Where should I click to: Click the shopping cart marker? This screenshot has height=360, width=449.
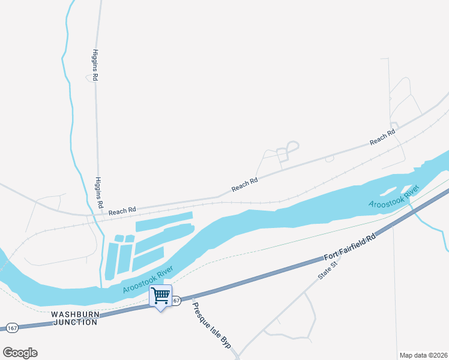pyautogui.click(x=160, y=296)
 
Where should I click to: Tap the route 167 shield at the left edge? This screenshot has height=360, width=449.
pyautogui.click(x=12, y=328)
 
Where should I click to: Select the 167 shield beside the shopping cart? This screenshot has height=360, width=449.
pyautogui.click(x=176, y=300)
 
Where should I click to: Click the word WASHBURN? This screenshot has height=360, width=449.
pyautogui.click(x=74, y=314)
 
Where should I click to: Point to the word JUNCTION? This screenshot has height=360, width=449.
pyautogui.click(x=75, y=322)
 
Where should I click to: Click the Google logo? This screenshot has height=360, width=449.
pyautogui.click(x=20, y=353)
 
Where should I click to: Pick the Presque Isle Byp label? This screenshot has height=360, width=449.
pyautogui.click(x=211, y=326)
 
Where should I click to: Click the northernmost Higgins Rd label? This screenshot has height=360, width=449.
pyautogui.click(x=95, y=65)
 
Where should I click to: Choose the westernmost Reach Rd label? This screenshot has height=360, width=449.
pyautogui.click(x=122, y=209)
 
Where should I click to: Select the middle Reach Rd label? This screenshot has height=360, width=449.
pyautogui.click(x=244, y=184)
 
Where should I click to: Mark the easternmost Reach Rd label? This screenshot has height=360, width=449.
pyautogui.click(x=382, y=137)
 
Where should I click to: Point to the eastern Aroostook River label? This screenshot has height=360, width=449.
pyautogui.click(x=393, y=198)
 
